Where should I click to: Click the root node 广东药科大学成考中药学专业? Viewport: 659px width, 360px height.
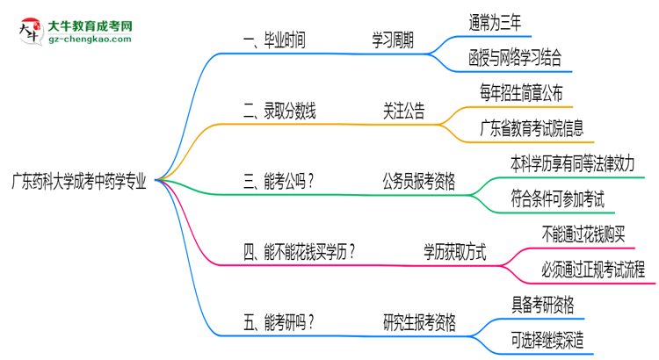[79, 182]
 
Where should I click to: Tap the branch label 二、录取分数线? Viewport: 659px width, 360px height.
[279, 111]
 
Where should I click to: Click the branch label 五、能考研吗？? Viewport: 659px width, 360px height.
[279, 322]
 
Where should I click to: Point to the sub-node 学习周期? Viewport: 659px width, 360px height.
[392, 40]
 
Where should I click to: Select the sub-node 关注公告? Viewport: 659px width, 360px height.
[403, 111]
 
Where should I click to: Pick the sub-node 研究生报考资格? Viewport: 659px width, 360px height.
[419, 322]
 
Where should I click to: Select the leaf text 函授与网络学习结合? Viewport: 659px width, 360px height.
[515, 58]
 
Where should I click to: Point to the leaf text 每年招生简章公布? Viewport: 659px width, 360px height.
[521, 94]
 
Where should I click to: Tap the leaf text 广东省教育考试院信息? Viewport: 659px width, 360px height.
[531, 129]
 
